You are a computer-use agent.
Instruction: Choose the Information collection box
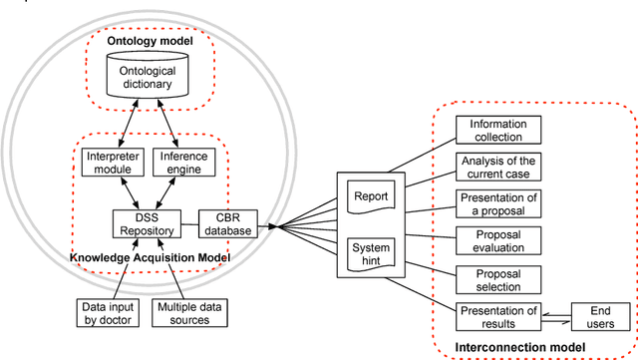[496, 130]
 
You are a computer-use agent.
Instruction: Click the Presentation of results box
[496, 315]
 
